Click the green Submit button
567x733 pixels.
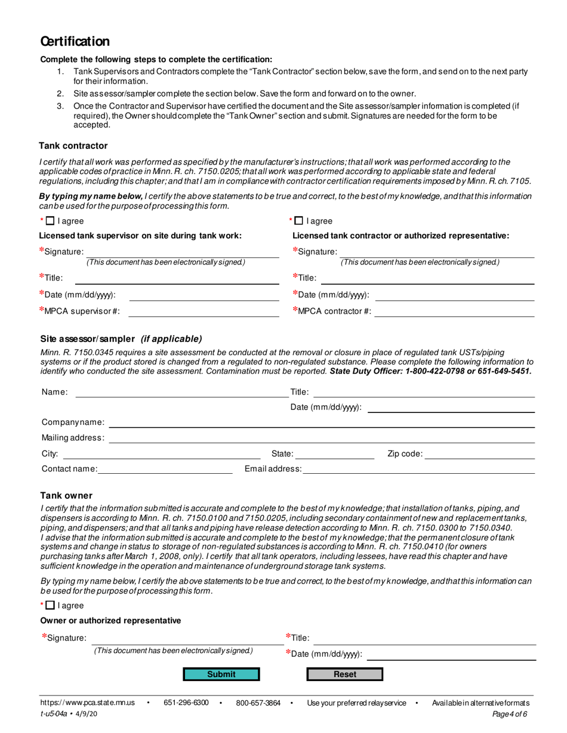click(221, 674)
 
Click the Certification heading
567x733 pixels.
click(75, 41)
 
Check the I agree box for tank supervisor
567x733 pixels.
click(50, 221)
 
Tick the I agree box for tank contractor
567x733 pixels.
click(299, 221)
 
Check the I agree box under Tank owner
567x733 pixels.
click(50, 605)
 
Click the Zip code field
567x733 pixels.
click(479, 454)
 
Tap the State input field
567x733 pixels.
click(335, 454)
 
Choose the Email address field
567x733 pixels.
click(418, 468)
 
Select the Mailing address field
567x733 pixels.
click(321, 438)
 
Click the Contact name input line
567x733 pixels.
click(165, 468)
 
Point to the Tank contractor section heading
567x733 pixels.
click(73, 145)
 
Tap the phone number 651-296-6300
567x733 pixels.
click(186, 703)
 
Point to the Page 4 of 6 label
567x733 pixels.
click(509, 714)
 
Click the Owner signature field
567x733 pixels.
click(187, 638)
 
